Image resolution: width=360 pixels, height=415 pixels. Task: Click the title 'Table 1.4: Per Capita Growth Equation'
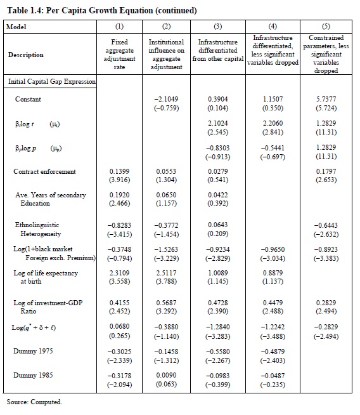point(80,11)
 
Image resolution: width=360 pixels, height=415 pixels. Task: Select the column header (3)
point(218,26)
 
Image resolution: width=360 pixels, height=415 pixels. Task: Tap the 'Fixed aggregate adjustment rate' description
point(119,55)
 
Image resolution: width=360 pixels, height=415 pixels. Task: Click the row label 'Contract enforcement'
point(44,171)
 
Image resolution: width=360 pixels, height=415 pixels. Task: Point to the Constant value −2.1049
point(166,99)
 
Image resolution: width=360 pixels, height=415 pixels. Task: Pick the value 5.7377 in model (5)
point(326,99)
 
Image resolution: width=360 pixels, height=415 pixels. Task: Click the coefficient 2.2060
point(273,123)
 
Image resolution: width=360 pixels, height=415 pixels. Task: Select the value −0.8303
point(218,148)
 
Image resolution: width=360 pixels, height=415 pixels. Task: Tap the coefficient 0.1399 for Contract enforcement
point(119,171)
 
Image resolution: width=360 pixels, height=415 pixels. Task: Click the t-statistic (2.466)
point(119,204)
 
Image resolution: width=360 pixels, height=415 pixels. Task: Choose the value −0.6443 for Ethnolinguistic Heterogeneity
point(326,225)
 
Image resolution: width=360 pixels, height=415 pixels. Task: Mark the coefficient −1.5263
point(166,249)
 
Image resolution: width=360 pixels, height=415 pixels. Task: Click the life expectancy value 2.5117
point(166,273)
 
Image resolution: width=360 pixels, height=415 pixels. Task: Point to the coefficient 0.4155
point(119,303)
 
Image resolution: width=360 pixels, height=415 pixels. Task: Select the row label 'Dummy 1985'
point(33,375)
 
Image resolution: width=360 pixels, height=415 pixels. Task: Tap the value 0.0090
point(166,375)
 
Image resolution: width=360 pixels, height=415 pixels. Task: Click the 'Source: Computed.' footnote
point(34,402)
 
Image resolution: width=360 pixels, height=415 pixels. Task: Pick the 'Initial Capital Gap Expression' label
point(52,81)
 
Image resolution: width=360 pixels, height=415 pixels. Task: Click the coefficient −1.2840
point(218,327)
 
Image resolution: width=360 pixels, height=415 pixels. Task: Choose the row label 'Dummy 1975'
point(33,351)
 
